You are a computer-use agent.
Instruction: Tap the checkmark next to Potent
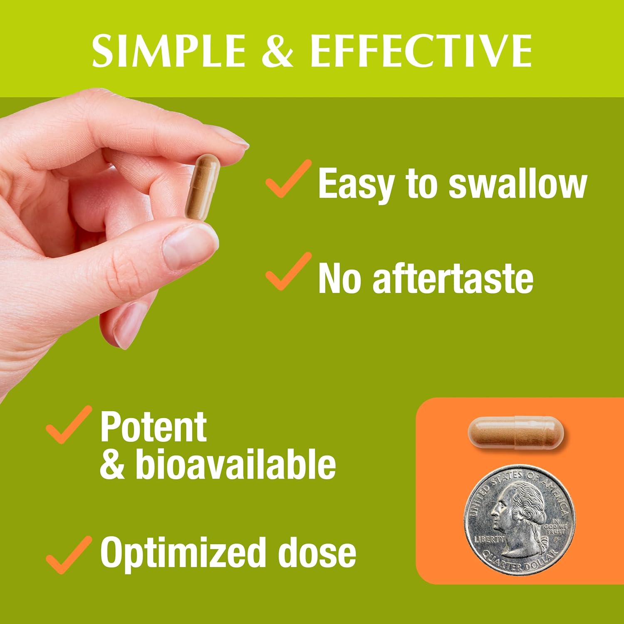[69, 425]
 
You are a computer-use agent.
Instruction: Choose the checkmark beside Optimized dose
[69, 555]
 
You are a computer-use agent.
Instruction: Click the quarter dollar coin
[520, 520]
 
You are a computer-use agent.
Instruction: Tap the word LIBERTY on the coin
[490, 540]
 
